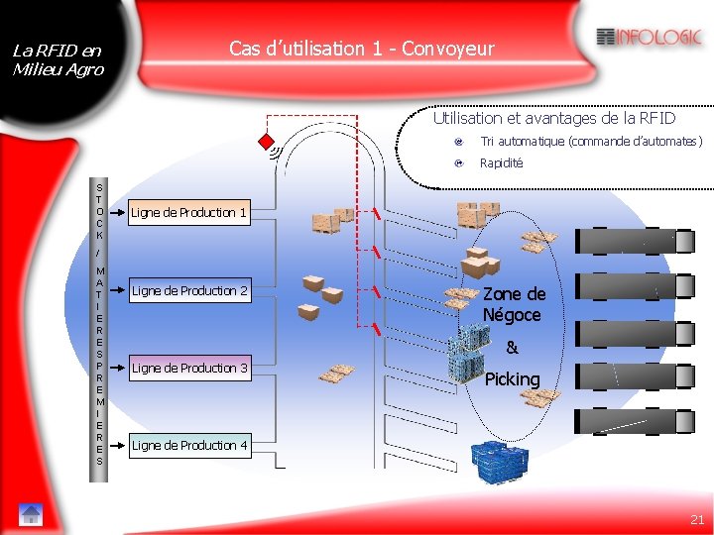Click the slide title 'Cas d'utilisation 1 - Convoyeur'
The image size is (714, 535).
361,49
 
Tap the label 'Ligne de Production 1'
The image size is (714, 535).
188,212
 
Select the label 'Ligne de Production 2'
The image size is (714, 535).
189,290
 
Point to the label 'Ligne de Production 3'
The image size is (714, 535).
189,368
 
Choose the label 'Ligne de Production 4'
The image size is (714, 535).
189,445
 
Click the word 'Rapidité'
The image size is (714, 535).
501,162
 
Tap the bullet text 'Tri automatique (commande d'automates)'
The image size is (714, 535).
591,142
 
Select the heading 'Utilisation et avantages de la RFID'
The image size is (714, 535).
553,118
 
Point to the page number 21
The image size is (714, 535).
697,519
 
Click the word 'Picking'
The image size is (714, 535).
512,379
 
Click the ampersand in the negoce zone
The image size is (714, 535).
512,348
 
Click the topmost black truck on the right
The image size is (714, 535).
627,241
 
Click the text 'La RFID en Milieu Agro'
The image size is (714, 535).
57,59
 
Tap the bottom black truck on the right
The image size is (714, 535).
627,422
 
